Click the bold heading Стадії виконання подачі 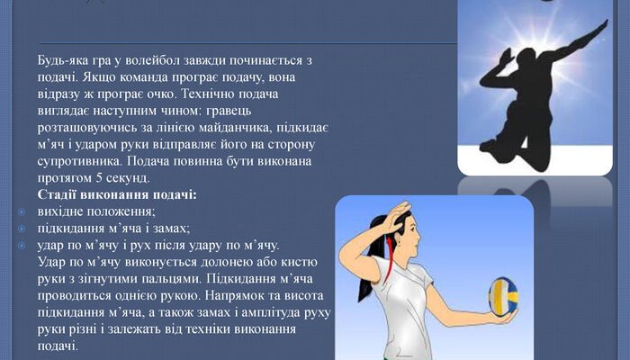pos(117,194)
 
